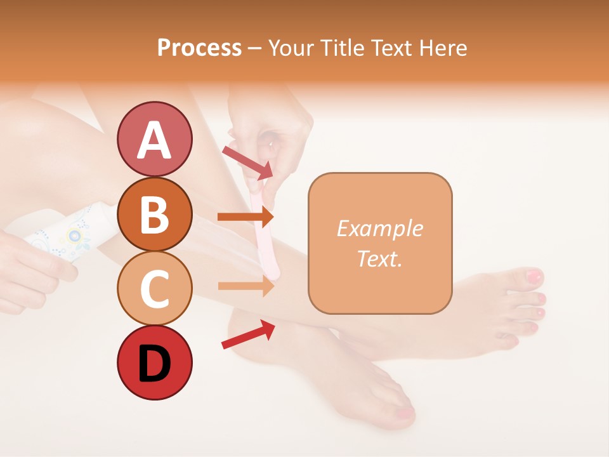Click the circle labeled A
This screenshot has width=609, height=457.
154,139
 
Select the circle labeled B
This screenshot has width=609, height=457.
154,214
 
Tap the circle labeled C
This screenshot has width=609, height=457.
154,288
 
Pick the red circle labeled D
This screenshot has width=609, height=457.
154,363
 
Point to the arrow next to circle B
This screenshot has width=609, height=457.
245,217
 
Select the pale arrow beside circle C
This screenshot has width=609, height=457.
245,286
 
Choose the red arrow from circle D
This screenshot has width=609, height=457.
248,334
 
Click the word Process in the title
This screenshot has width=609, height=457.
199,48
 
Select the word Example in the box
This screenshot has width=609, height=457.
379,228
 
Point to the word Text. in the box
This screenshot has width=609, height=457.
379,258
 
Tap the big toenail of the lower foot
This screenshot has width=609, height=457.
405,414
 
